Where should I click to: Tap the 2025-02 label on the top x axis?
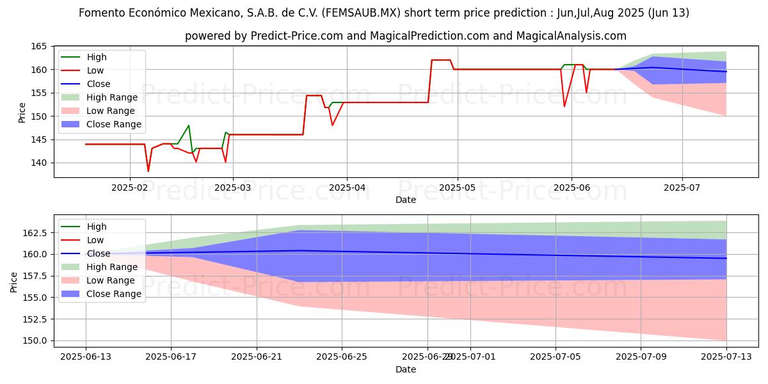(130, 188)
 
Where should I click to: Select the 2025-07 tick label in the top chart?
(682, 188)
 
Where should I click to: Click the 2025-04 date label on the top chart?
(346, 188)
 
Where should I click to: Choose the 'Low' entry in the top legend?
(95, 70)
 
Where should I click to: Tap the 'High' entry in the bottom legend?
(97, 227)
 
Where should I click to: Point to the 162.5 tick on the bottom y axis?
(35, 232)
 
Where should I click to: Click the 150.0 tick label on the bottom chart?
(35, 341)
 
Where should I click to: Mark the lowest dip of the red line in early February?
(148, 172)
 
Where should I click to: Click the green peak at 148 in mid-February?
(189, 125)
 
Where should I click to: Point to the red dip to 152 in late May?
(564, 106)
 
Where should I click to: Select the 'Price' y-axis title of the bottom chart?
(13, 282)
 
